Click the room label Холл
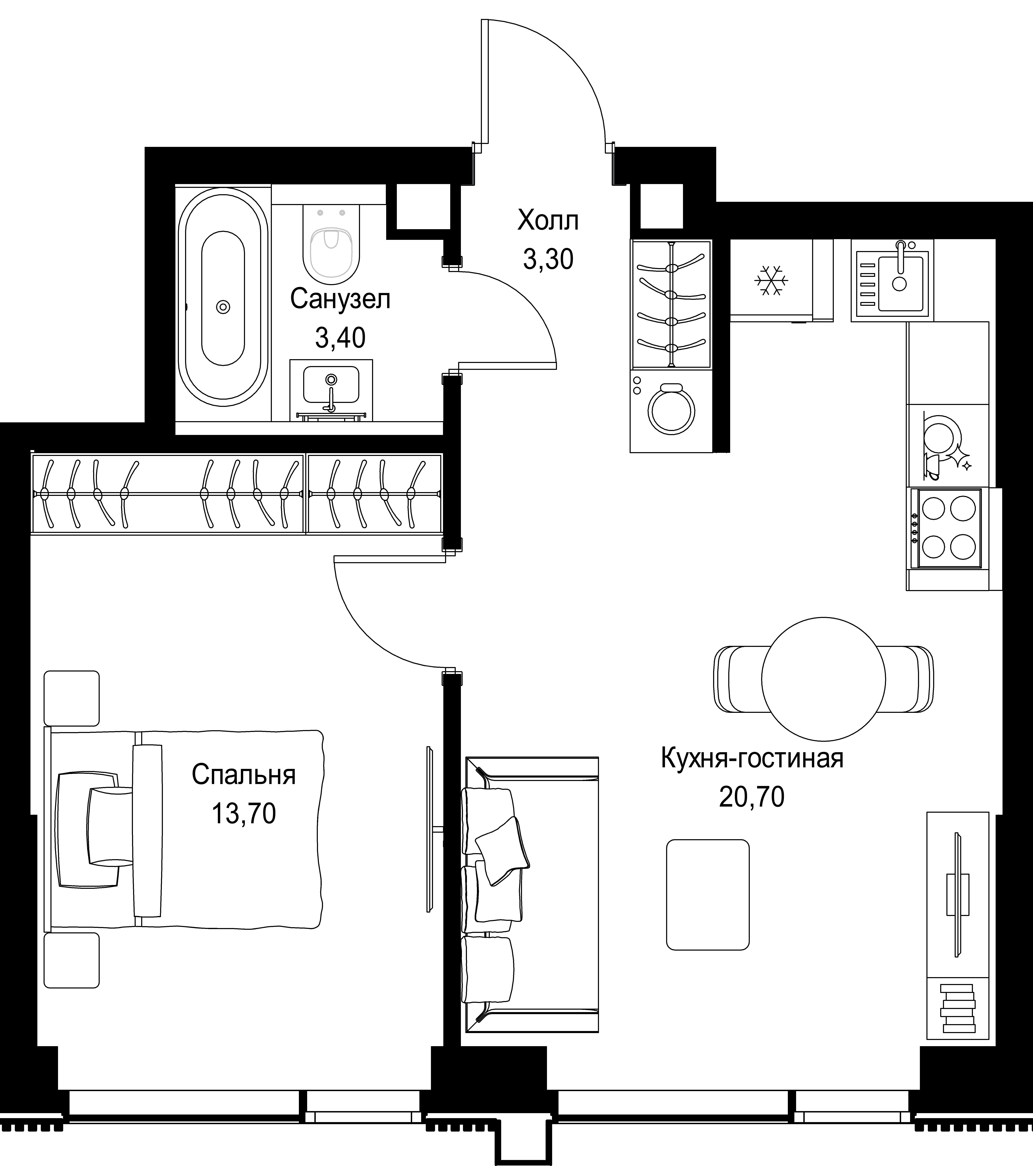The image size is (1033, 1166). [548, 221]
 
